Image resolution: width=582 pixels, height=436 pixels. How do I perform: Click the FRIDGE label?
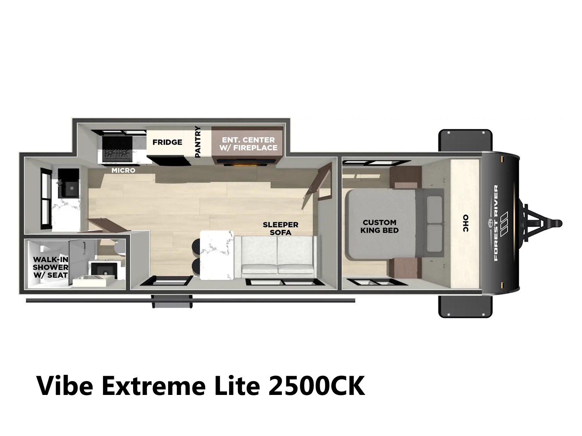167,142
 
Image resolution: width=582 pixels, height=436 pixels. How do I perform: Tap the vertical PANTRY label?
198,142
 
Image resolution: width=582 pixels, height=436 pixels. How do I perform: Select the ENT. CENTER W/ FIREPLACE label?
248,144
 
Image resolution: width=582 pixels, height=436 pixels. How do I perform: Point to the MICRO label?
123,170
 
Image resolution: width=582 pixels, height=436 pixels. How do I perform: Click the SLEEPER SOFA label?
280,229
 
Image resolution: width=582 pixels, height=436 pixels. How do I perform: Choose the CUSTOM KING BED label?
379,226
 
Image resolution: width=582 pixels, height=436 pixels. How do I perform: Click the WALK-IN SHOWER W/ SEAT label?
50,267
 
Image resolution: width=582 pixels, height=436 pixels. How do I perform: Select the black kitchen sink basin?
69,183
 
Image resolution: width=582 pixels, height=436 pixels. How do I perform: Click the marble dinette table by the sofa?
217,255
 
